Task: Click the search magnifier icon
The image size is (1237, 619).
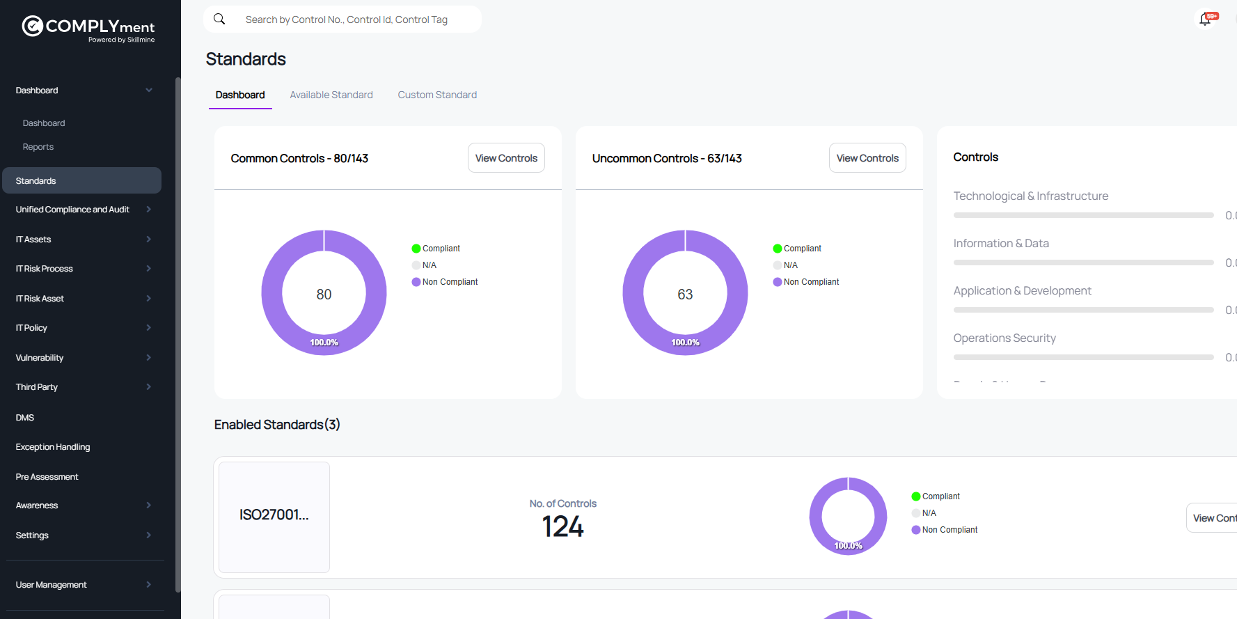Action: click(219, 19)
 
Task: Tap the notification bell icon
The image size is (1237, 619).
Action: click(1205, 19)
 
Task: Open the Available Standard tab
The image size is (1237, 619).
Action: click(331, 95)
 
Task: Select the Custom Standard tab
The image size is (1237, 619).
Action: click(437, 95)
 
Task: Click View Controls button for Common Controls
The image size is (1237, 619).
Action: click(506, 158)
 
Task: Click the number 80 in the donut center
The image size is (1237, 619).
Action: click(324, 295)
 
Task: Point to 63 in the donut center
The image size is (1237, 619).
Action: click(685, 295)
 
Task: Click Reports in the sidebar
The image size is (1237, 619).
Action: click(38, 147)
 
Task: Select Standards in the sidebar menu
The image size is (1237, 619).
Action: click(36, 181)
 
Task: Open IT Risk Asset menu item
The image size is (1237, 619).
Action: click(40, 299)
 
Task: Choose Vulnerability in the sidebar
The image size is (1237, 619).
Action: click(40, 358)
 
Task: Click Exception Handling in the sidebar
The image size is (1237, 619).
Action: click(53, 447)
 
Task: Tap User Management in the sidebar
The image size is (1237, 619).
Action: click(52, 585)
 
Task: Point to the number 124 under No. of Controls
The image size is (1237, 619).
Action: click(562, 526)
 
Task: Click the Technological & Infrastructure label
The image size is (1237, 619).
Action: click(1030, 196)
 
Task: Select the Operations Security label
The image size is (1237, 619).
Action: click(1004, 338)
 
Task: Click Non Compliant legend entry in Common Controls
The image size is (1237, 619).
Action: click(450, 282)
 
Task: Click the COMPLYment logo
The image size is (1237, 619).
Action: click(88, 28)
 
